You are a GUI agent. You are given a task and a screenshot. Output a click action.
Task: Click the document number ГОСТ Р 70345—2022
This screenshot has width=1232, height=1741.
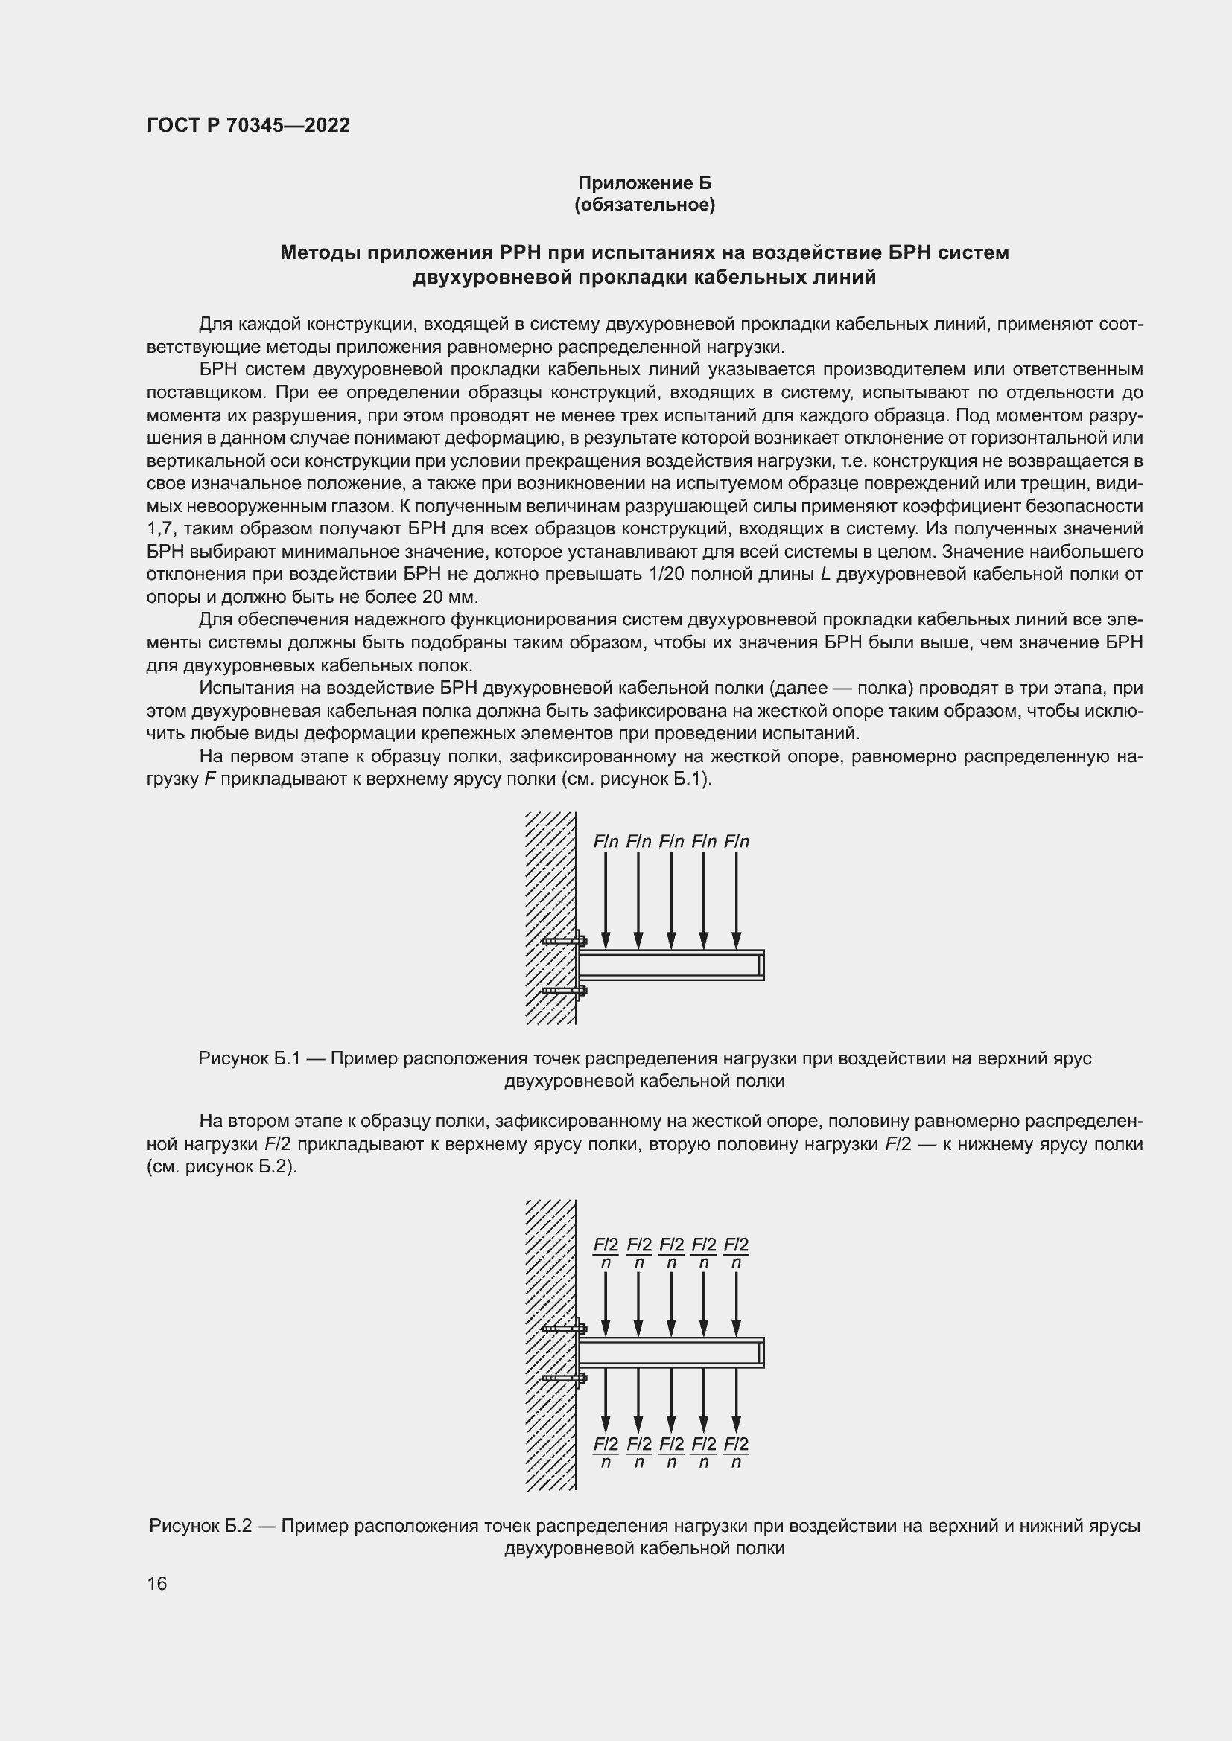click(248, 125)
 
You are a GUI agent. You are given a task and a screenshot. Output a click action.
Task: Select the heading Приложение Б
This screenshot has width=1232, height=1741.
click(645, 183)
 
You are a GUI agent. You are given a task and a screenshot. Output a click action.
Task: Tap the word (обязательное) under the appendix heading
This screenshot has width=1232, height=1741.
click(645, 205)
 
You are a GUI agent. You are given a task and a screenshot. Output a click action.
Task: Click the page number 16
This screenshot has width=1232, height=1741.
click(157, 1583)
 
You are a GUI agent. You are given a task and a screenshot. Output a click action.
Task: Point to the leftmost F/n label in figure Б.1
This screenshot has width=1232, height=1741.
click(606, 842)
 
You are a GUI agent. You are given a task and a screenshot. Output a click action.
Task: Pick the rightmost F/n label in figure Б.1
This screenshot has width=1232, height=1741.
click(737, 842)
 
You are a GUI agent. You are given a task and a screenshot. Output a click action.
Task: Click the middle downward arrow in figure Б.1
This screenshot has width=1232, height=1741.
click(670, 899)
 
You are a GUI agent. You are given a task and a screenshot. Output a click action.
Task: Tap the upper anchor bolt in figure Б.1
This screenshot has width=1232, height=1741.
click(565, 941)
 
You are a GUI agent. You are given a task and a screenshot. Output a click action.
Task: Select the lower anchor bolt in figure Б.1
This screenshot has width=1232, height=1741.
click(565, 990)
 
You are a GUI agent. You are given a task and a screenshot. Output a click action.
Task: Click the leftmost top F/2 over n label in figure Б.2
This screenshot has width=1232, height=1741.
click(606, 1253)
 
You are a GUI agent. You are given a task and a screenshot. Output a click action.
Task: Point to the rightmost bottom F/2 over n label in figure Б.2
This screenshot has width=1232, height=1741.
click(737, 1452)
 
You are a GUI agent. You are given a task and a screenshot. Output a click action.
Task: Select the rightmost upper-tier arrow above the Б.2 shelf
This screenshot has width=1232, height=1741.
click(737, 1303)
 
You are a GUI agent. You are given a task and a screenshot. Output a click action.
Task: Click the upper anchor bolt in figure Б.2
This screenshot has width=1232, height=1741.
click(565, 1329)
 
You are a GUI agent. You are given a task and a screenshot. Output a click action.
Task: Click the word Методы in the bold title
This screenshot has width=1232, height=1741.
click(319, 252)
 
